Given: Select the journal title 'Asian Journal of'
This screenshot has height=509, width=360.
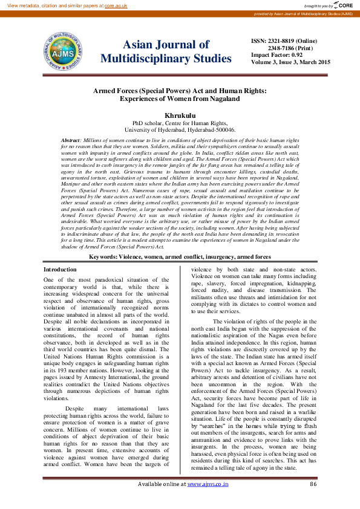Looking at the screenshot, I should point(166,45).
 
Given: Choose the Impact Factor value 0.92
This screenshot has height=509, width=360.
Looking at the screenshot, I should point(296,54).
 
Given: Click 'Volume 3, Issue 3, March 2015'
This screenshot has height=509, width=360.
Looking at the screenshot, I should point(290,62).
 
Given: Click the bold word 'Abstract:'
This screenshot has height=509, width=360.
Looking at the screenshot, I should point(72,140).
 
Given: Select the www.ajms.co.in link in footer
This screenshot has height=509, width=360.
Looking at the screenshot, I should point(208,501).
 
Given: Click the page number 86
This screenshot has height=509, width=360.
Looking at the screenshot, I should point(313,501).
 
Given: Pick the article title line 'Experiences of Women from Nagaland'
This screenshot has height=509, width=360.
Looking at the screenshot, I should point(180,98).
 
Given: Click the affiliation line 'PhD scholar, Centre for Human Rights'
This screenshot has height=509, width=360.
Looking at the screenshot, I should point(180,122).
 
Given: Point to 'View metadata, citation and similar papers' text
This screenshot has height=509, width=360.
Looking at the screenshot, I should point(52,5).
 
